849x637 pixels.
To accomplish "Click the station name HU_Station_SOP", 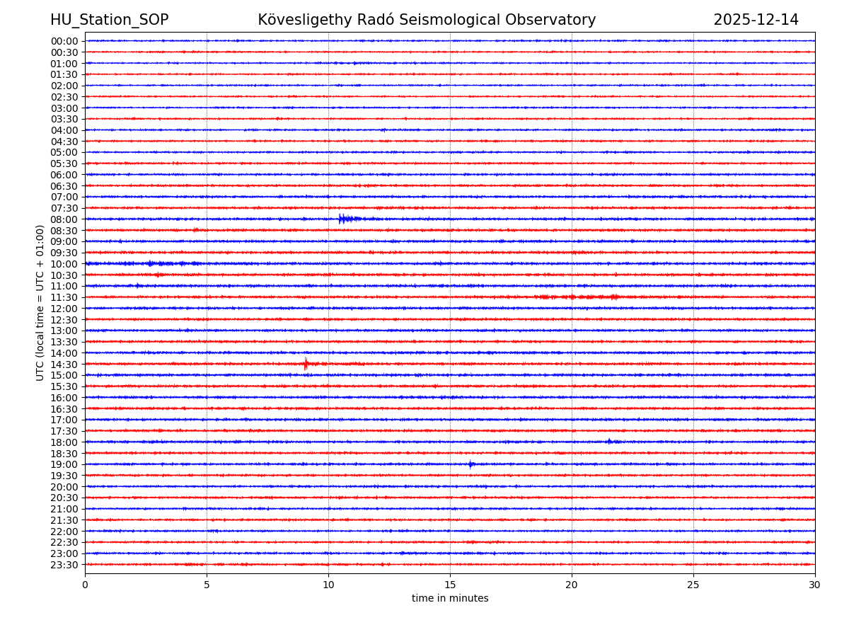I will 109,20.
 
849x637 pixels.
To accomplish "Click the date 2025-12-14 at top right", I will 756,20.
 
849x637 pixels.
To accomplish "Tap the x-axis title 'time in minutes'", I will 450,599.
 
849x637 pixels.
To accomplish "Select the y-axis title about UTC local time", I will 40,303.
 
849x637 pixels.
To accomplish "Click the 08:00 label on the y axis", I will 64,219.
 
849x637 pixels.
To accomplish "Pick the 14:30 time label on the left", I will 64,365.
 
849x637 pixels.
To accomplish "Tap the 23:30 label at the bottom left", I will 64,565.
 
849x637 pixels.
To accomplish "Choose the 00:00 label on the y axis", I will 64,41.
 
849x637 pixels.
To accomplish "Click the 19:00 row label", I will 64,464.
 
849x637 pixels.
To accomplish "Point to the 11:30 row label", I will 64,297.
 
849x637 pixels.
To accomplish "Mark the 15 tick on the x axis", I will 450,585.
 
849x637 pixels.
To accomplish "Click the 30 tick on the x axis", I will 815,585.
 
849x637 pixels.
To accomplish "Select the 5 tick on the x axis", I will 207,585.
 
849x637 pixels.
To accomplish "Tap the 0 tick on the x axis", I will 85,585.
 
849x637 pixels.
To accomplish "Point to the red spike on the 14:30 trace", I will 306,365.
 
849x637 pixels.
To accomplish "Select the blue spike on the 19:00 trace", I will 470,464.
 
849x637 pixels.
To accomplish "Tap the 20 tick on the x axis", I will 572,585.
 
